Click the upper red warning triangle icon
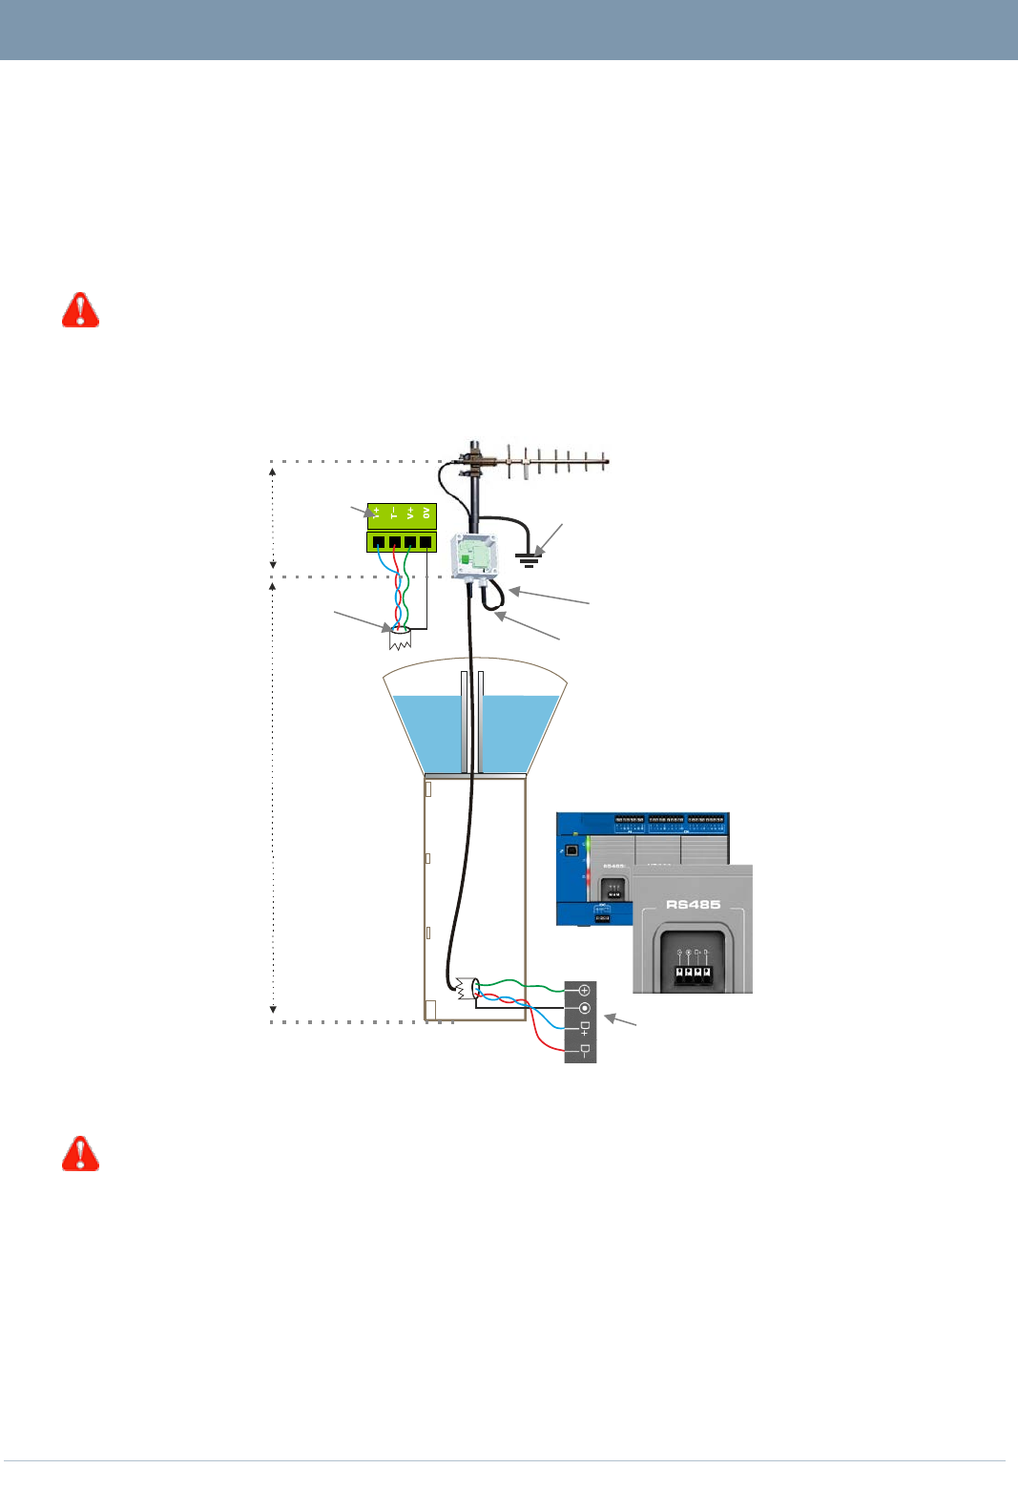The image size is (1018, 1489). [x=81, y=310]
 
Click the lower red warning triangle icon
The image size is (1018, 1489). [x=81, y=1154]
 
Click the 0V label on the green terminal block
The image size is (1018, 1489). [x=426, y=514]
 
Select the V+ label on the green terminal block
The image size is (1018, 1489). [x=410, y=514]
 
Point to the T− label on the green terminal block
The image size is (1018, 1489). [x=394, y=514]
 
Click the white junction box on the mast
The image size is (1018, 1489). [x=474, y=555]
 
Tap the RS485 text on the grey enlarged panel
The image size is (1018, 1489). [x=693, y=904]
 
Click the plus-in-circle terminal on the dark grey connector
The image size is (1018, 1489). [x=584, y=991]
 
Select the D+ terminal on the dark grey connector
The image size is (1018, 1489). [x=584, y=1028]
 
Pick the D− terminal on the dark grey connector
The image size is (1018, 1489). [x=584, y=1050]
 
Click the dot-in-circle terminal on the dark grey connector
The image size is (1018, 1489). [x=584, y=1009]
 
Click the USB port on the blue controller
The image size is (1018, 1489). [x=571, y=849]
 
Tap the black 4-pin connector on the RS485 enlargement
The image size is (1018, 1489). [x=693, y=975]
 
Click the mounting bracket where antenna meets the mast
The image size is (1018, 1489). [x=474, y=463]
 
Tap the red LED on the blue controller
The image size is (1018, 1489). [x=588, y=874]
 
